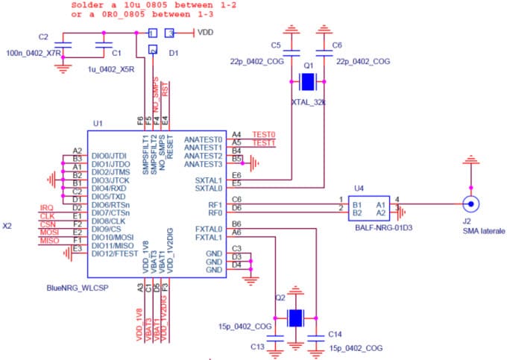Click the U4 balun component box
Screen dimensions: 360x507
pos(370,206)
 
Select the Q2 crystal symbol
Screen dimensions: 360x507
pos(296,318)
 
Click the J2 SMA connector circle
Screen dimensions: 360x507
pos(470,203)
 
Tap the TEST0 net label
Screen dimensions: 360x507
pos(264,133)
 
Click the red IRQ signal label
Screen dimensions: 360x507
pos(45,206)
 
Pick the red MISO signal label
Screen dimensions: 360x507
pos(48,241)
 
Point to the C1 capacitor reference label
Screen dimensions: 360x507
pos(116,54)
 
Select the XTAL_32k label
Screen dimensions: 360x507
pos(309,101)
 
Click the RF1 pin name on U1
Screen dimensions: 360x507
pos(215,203)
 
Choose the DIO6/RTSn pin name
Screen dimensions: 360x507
pos(111,204)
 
